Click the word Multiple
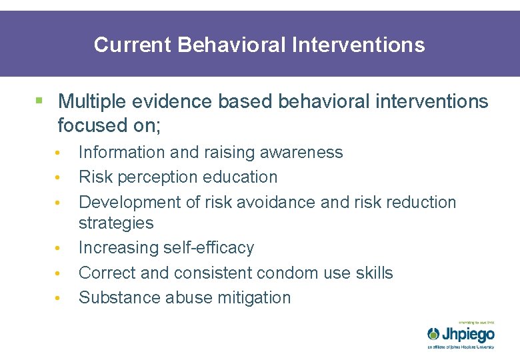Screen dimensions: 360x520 coord(94,101)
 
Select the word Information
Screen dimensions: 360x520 coord(122,152)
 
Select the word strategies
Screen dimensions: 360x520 coord(115,223)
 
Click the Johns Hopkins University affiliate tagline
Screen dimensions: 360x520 coord(461,347)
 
